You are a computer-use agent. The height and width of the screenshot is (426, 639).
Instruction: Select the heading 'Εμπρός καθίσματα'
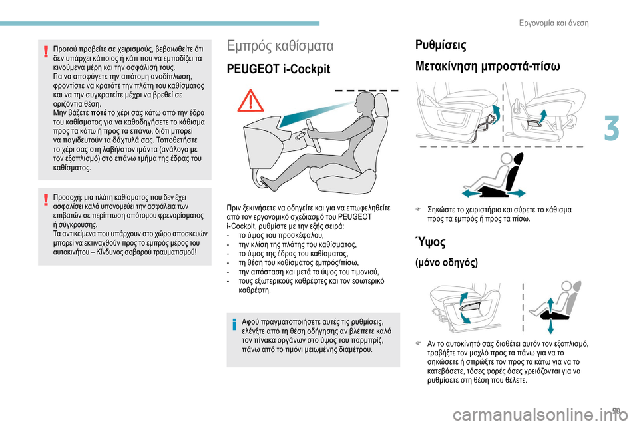[x=280, y=46]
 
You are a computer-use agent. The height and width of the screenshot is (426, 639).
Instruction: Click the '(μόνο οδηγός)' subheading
[x=447, y=263]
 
